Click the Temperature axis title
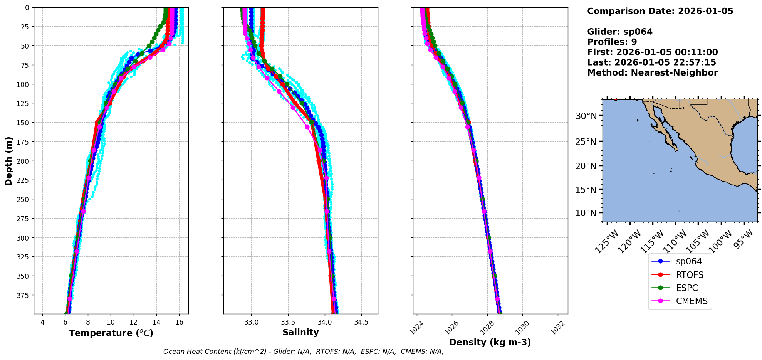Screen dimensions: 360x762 [111, 333]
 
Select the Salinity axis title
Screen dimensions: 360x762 [300, 333]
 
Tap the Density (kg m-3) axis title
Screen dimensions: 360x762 [490, 342]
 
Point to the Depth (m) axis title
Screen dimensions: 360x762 [8, 161]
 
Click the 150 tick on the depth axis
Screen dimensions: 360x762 [24, 123]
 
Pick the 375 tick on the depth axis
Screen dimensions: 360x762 [24, 295]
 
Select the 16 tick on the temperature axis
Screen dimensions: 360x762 [179, 322]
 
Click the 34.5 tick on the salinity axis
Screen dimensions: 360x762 [361, 322]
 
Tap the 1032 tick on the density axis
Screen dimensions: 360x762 [557, 328]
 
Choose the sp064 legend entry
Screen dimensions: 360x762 [689, 261]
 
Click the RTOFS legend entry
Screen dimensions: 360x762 [690, 275]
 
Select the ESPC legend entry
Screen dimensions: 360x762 [687, 288]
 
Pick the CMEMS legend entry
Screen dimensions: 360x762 [692, 301]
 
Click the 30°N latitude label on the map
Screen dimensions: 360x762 [586, 116]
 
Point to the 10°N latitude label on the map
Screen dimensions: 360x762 [586, 213]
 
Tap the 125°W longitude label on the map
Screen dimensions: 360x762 [606, 242]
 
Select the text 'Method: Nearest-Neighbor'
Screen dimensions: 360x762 [652, 73]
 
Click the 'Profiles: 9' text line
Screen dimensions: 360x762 [612, 42]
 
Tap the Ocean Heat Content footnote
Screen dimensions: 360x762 [303, 352]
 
